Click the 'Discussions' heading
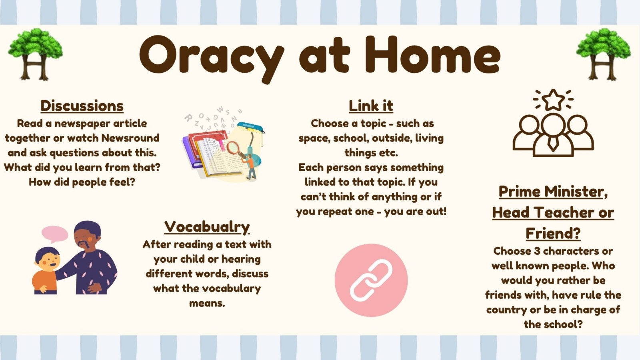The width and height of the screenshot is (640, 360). click(x=82, y=106)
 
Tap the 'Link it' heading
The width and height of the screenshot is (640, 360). click(x=371, y=106)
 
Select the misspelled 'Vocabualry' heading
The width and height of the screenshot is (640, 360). click(x=207, y=227)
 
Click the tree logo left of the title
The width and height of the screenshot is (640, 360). click(x=36, y=54)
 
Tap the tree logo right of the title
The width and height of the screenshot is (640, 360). click(x=603, y=54)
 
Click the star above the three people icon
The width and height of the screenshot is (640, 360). click(x=553, y=100)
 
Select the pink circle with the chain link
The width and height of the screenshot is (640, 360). click(x=371, y=280)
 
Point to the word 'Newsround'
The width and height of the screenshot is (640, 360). click(x=130, y=138)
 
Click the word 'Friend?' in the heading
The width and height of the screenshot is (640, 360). click(x=553, y=234)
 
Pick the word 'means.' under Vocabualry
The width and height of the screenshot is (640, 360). click(x=207, y=303)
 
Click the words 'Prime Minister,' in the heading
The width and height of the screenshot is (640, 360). click(x=553, y=192)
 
